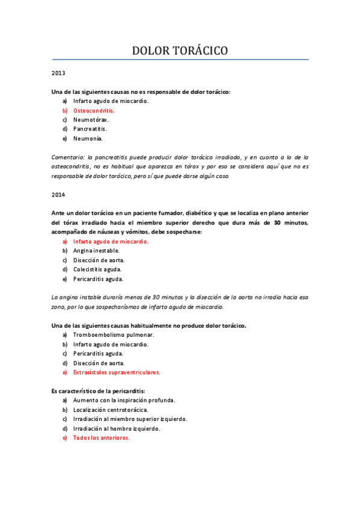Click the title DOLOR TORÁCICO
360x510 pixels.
(x=180, y=51)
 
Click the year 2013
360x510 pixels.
(x=58, y=73)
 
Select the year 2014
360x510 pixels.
(x=58, y=195)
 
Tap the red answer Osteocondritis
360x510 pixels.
(x=93, y=111)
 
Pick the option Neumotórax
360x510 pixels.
(x=91, y=120)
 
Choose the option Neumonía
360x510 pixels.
(x=88, y=138)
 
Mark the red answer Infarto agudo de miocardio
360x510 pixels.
(x=111, y=241)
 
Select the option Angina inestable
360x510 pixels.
(x=96, y=251)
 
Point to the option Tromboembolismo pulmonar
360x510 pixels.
(x=114, y=335)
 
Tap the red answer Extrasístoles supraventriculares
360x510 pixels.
(x=117, y=372)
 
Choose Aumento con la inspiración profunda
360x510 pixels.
(x=124, y=401)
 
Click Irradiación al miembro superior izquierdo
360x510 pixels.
(x=130, y=419)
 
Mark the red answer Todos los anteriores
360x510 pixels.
(x=101, y=438)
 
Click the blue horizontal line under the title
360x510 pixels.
(x=180, y=60)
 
